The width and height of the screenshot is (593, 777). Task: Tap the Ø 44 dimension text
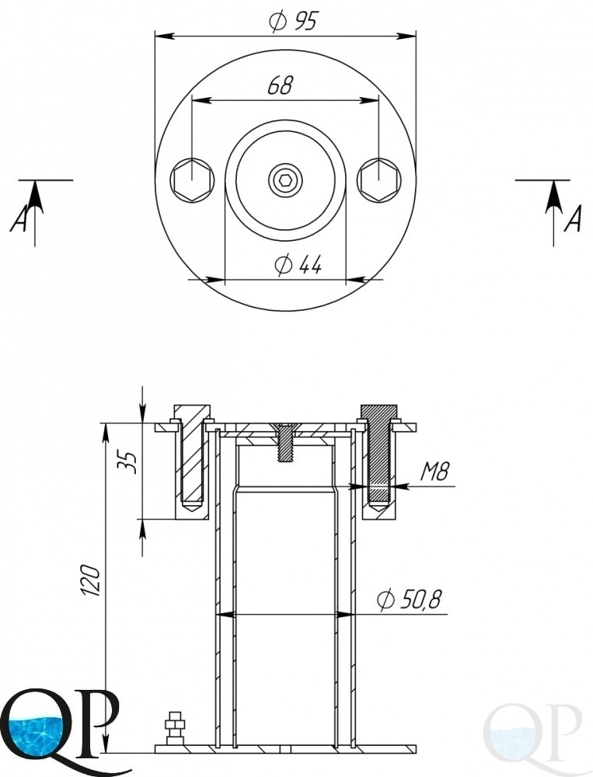(298, 265)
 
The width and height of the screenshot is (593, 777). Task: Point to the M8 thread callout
(434, 472)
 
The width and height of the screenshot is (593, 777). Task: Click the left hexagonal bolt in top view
(193, 180)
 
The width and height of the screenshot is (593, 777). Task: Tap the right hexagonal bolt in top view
(378, 180)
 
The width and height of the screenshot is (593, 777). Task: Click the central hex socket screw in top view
(284, 180)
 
